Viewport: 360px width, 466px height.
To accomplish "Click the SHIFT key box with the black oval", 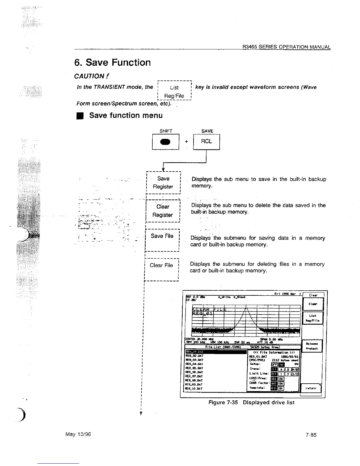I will pos(165,142).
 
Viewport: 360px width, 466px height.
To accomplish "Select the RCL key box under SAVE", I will pos(206,142).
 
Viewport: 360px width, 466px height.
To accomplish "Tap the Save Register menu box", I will pos(163,182).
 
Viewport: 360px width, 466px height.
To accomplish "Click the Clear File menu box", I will pos(161,269).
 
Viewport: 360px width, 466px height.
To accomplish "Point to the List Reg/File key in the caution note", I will pos(174,91).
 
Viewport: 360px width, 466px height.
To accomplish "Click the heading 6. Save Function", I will pos(112,62).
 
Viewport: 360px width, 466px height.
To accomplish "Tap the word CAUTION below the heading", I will pos(89,76).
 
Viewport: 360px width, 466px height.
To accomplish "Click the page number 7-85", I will pos(311,435).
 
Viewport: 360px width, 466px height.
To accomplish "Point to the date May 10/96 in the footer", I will pos(79,434).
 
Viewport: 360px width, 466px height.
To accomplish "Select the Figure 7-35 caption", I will pos(251,402).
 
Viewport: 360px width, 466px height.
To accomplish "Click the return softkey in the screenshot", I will pos(311,388).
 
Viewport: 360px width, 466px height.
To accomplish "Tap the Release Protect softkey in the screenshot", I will pos(312,346).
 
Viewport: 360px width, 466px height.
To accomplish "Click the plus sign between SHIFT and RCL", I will pos(186,142).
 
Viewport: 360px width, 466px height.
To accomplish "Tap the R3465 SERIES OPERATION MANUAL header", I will pos(286,47).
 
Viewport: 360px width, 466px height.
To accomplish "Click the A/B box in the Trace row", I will pos(296,370).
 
